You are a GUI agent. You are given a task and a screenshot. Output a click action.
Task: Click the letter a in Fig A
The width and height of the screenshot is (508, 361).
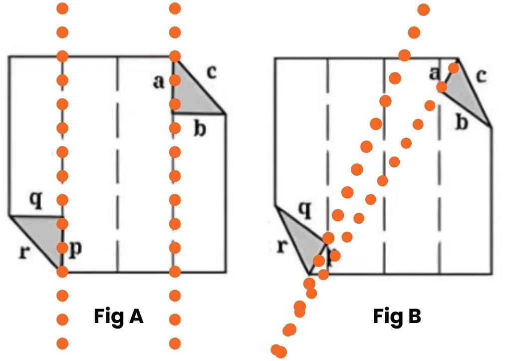pos(159,81)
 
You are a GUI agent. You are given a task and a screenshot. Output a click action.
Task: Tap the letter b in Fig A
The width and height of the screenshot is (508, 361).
pos(200,129)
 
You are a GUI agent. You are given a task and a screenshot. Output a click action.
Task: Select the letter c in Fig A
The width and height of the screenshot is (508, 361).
pos(211,73)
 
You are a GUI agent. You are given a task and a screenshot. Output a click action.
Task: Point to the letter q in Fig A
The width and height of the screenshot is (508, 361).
pos(35,200)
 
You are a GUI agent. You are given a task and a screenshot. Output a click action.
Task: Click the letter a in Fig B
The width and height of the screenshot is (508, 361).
pos(435,74)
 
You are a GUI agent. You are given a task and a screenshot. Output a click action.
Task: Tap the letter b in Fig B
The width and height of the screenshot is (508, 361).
pos(462,122)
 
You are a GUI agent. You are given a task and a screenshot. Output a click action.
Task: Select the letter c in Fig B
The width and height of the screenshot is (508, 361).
pos(481,76)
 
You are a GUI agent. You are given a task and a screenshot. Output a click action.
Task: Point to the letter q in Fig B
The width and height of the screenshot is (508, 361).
pos(304,211)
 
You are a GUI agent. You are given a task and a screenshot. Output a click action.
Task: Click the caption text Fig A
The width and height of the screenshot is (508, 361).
pos(119,316)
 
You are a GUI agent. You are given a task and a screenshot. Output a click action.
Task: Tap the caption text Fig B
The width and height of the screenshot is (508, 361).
pos(397,316)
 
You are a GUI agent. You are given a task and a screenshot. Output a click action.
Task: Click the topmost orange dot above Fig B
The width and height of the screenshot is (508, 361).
pos(424,9)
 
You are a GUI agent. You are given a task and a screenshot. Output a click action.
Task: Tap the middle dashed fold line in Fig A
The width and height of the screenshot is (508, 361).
pos(117,165)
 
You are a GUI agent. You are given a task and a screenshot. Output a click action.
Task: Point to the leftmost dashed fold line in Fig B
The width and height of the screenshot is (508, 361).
pos(327,150)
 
